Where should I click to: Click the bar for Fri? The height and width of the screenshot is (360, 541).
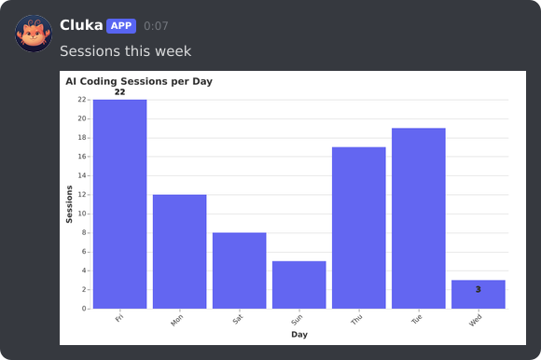119,203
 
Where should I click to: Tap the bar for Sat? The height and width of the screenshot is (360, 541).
239,270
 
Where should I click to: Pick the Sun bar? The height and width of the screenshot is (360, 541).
298,284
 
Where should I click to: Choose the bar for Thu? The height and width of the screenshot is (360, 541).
358,228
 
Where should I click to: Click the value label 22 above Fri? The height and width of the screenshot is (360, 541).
119,92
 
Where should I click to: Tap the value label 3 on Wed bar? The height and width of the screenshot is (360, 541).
478,289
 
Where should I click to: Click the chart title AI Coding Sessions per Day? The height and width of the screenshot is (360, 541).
139,81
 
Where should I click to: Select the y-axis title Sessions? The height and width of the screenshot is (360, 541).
69,203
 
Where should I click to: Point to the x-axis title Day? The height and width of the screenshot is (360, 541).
298,334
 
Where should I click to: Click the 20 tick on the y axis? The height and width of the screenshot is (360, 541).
82,118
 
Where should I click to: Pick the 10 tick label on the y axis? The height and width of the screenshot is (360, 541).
82,214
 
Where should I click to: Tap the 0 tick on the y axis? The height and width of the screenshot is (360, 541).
84,308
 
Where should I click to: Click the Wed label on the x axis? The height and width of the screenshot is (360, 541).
476,320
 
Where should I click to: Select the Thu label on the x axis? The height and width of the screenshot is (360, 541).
356,320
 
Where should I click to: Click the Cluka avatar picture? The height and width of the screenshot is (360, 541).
34,34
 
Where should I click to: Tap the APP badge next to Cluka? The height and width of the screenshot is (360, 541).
121,25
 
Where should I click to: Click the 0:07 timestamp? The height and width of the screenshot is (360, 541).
156,26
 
